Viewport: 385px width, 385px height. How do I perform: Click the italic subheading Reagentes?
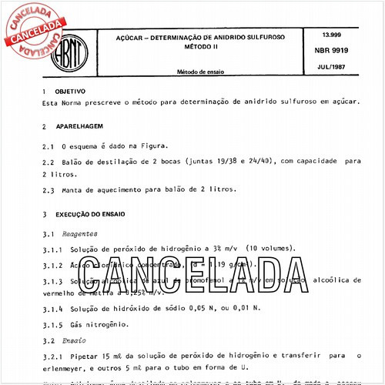[81, 232]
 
